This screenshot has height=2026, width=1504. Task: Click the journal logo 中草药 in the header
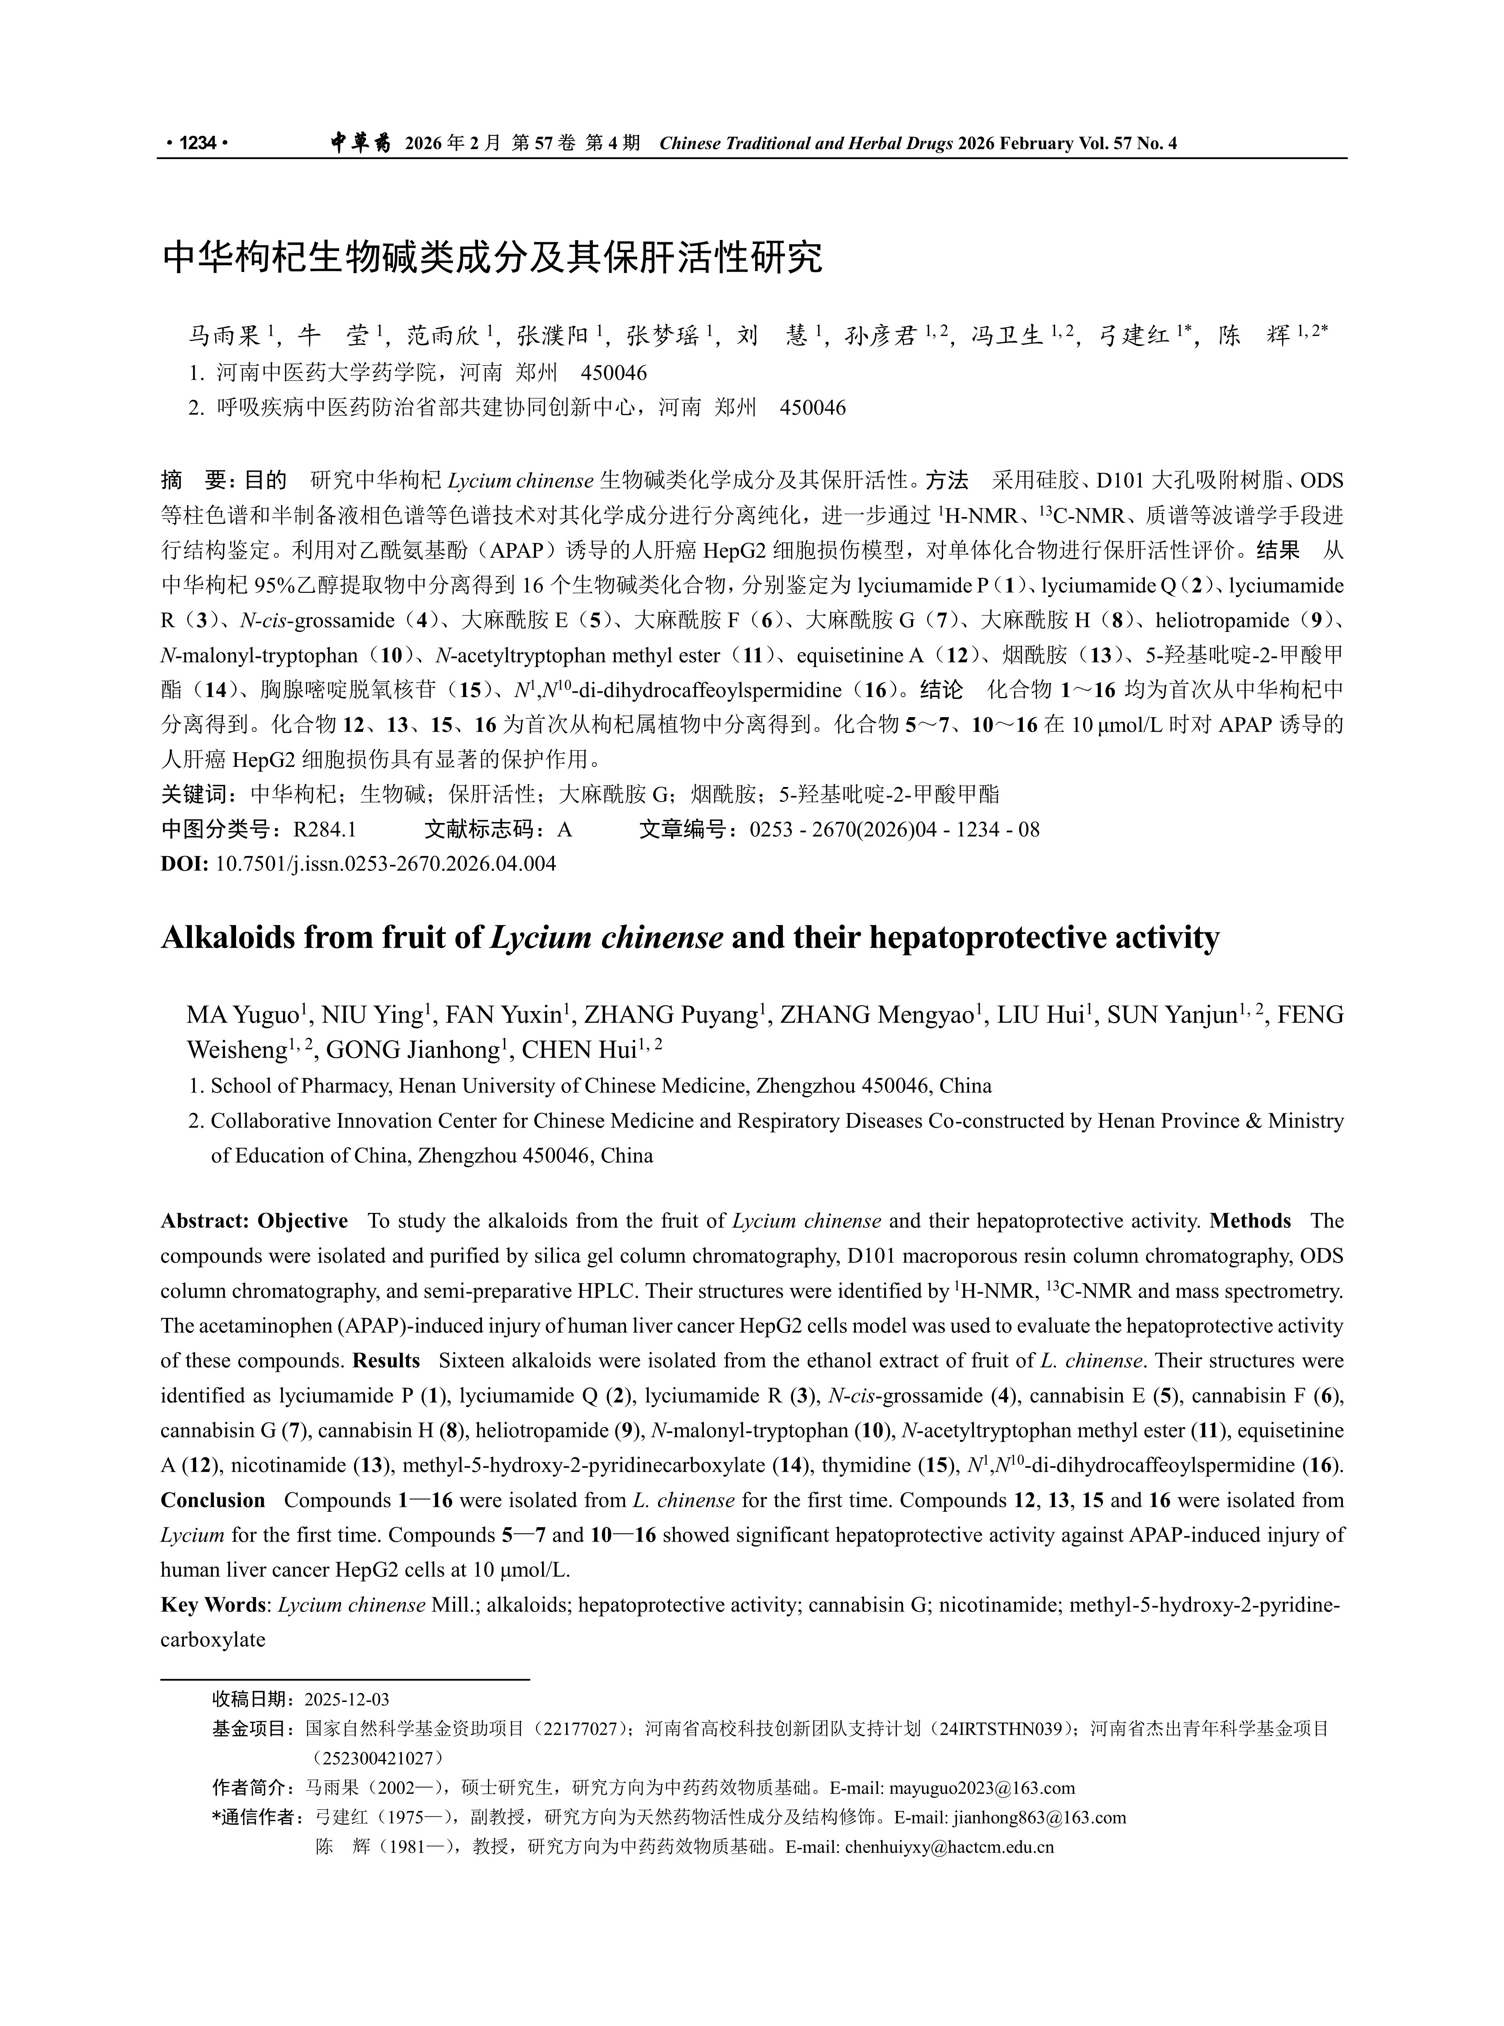[360, 143]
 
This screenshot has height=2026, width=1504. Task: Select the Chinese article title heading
[491, 258]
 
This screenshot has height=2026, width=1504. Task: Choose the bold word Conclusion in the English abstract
[212, 1500]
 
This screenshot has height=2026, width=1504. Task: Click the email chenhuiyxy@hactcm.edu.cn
[949, 1848]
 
